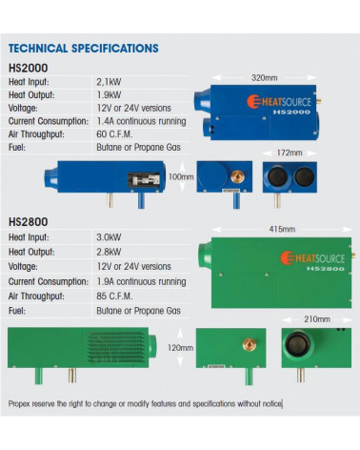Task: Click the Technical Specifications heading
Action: [84, 49]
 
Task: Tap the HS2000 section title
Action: [29, 68]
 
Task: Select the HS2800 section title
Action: [29, 221]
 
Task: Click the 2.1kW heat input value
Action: [109, 82]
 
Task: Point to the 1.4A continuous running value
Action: [141, 121]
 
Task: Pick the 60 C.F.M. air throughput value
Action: [114, 134]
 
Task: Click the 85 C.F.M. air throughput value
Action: [114, 297]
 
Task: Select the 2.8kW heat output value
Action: [109, 252]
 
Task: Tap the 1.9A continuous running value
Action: [141, 281]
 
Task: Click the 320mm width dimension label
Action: [264, 78]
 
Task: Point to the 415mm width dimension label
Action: [282, 229]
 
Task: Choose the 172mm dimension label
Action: [290, 153]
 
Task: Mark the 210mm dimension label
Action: [317, 319]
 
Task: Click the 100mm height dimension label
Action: [181, 176]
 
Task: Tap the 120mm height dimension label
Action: [180, 348]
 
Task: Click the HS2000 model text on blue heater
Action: [291, 112]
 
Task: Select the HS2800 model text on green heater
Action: [326, 269]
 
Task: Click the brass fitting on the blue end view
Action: [238, 176]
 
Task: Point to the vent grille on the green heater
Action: [116, 347]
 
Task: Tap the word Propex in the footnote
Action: [19, 404]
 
